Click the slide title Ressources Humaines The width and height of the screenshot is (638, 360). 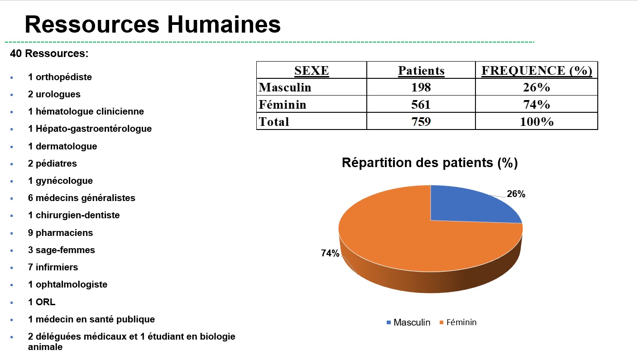pos(153,24)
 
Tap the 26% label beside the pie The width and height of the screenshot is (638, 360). pos(516,194)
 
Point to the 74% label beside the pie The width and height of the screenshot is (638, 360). pos(330,254)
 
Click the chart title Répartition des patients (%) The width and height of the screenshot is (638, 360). pos(429,163)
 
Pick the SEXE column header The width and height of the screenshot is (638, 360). pos(312,71)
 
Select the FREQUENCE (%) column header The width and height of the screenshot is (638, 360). pos(537,71)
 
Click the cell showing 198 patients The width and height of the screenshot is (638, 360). pos(421,87)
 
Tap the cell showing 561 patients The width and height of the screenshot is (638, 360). pos(421,105)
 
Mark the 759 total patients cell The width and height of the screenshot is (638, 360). pos(421,122)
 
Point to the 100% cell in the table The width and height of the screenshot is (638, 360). pos(537,122)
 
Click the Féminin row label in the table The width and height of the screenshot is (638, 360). pos(283,105)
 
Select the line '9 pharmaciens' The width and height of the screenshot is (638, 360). pos(60,233)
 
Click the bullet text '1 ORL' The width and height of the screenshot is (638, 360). pos(42,302)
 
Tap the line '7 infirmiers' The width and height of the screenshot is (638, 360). pos(53,267)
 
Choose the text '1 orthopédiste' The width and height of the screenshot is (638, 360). pos(60,77)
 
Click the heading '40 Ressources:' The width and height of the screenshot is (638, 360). pos(49,53)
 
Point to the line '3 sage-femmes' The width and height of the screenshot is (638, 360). pos(61,250)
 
